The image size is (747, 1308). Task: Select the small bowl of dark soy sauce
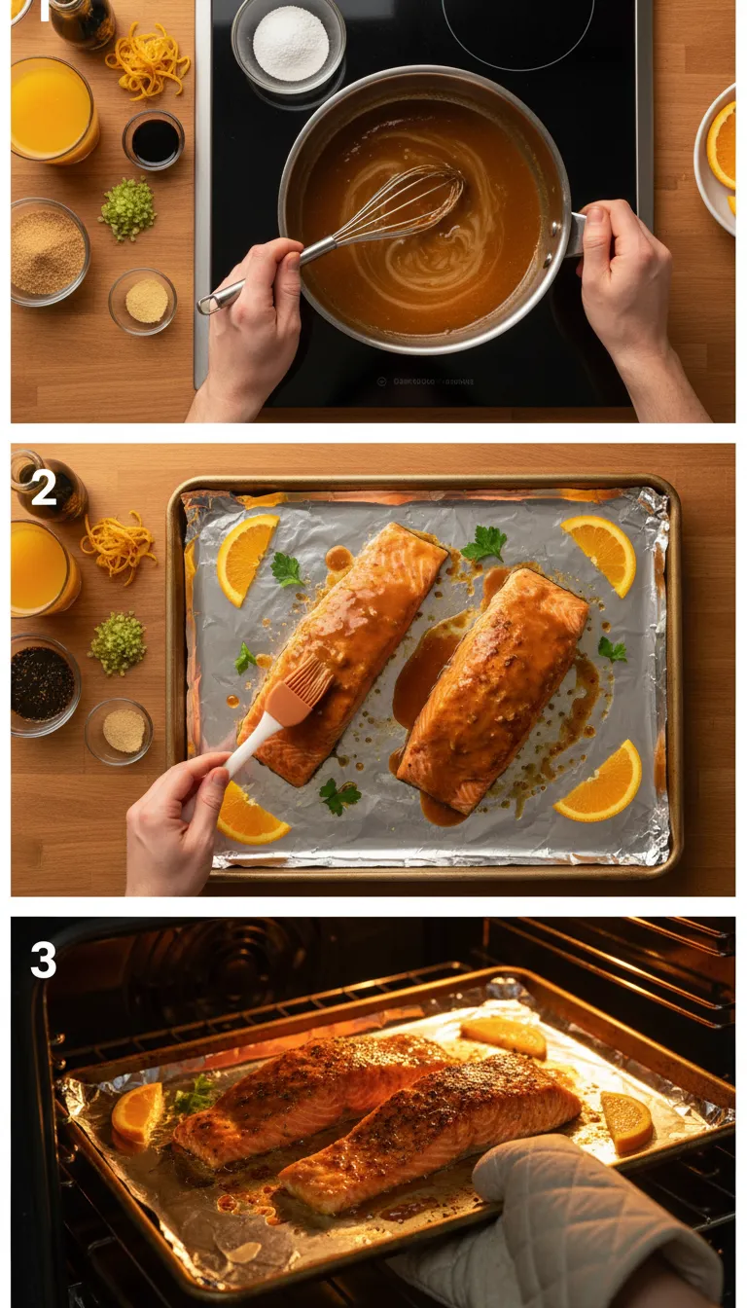point(154,140)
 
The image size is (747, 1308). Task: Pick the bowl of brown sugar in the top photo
point(49,252)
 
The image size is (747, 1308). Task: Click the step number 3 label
point(44,961)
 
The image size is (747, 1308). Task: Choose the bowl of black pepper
point(42,683)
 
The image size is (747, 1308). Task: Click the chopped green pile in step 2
point(118,642)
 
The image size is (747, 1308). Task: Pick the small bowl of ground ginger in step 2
point(123,730)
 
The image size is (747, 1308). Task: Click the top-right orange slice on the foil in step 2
point(599,552)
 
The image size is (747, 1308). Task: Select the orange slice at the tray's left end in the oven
point(137,1111)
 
